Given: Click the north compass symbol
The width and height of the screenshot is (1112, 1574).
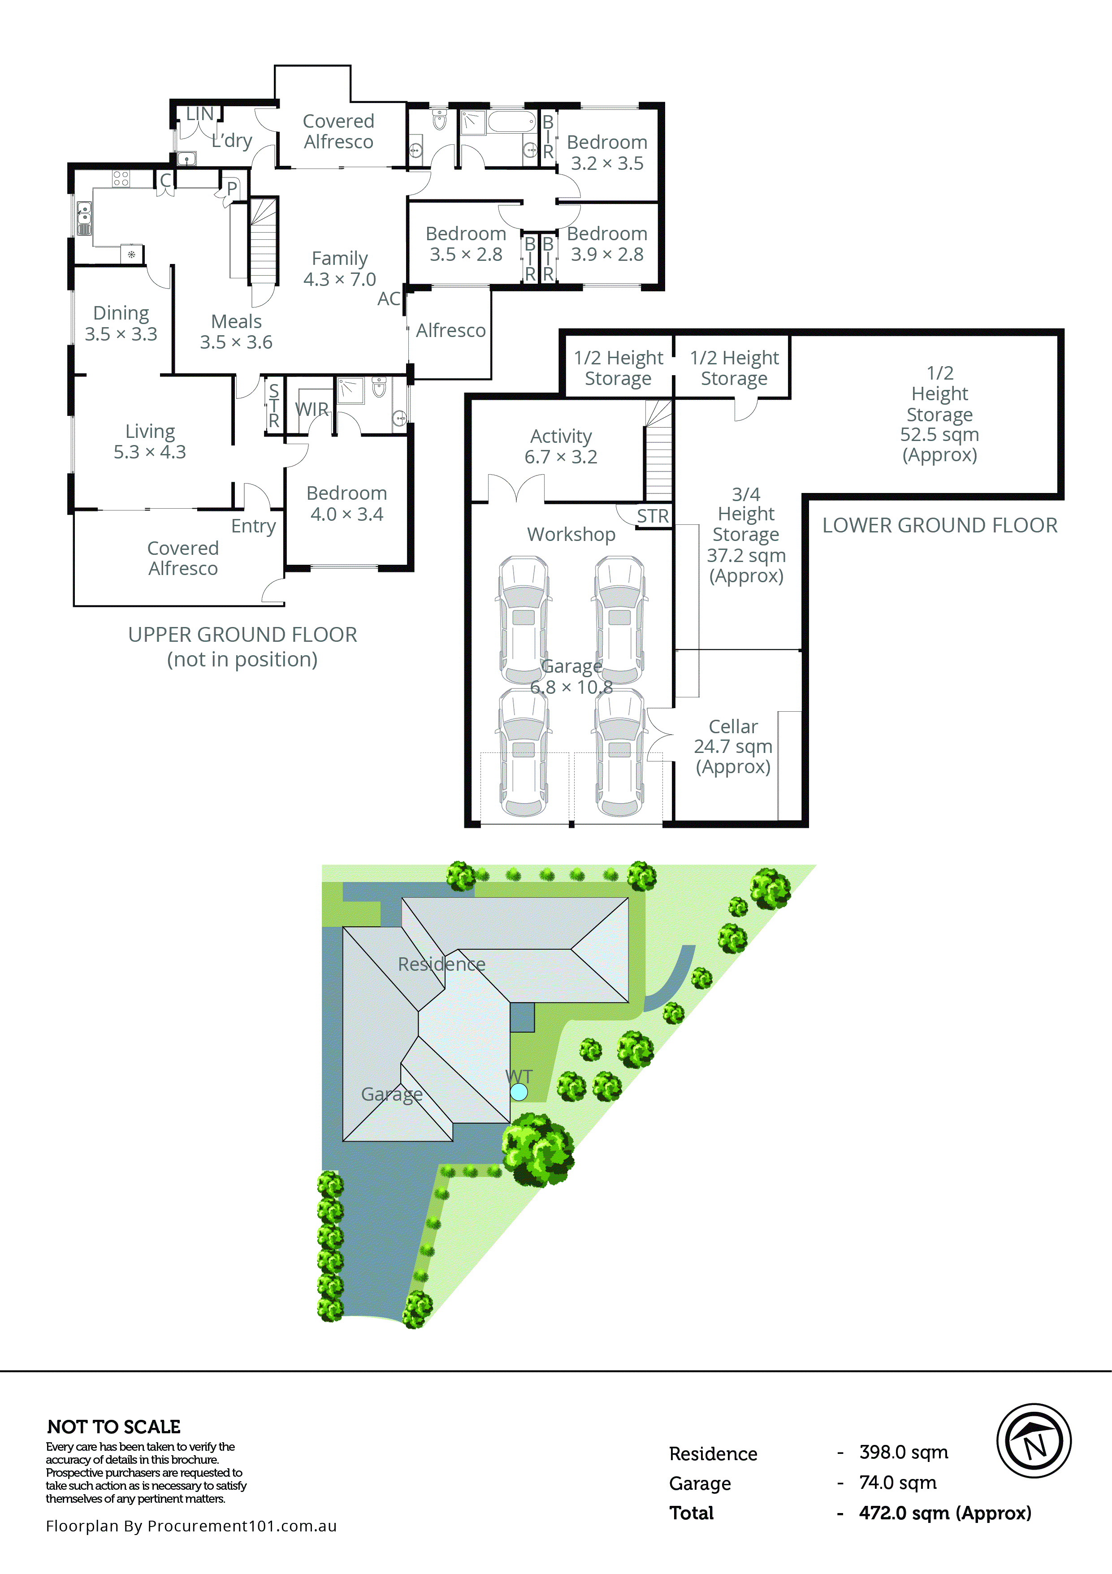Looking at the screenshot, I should pyautogui.click(x=1033, y=1440).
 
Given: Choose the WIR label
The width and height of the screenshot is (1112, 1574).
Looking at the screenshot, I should pyautogui.click(x=311, y=409).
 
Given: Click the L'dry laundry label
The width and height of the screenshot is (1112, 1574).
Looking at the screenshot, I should pyautogui.click(x=232, y=141).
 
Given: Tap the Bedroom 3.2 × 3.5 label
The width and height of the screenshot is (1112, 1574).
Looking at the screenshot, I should pyautogui.click(x=607, y=152).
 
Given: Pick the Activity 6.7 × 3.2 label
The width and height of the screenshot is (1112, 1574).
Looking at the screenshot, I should pyautogui.click(x=561, y=446).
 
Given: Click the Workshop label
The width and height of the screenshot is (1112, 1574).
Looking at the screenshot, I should pyautogui.click(x=571, y=534).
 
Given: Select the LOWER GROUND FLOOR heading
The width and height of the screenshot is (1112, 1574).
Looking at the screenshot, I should pyautogui.click(x=939, y=526).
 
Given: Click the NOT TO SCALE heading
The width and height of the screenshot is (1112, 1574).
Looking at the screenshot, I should pyautogui.click(x=114, y=1427).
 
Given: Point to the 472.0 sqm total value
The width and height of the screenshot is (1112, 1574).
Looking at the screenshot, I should pyautogui.click(x=945, y=1513).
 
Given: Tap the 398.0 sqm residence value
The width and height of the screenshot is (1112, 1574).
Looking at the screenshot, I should pyautogui.click(x=904, y=1452).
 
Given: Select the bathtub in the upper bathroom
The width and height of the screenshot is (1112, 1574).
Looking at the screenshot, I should pyautogui.click(x=511, y=122).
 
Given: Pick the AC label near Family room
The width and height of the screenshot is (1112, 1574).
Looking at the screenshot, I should pyautogui.click(x=389, y=299).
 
